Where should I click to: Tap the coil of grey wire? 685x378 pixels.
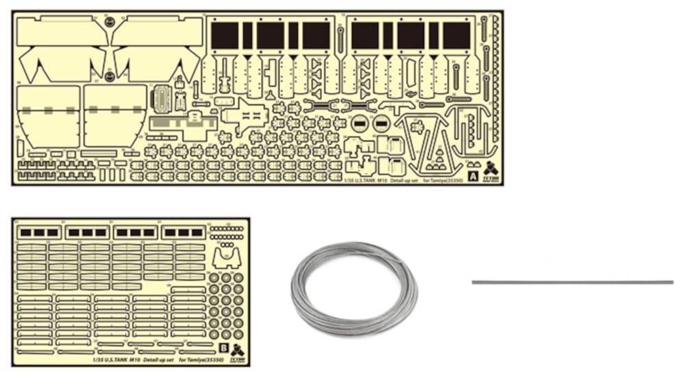click(x=354, y=288)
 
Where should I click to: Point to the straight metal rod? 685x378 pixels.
click(x=572, y=282)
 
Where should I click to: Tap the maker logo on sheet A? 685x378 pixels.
click(x=491, y=169)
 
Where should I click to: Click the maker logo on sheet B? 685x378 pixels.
click(x=237, y=351)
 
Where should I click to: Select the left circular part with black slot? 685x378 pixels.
click(x=360, y=124)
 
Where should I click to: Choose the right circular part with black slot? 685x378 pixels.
click(x=382, y=124)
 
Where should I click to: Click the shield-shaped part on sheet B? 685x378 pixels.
click(x=226, y=257)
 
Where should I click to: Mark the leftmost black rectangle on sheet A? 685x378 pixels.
click(x=225, y=35)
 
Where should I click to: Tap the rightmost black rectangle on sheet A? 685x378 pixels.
click(x=457, y=35)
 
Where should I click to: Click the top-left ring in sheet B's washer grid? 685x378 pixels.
click(x=214, y=278)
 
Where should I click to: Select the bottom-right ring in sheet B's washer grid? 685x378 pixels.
click(x=238, y=335)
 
